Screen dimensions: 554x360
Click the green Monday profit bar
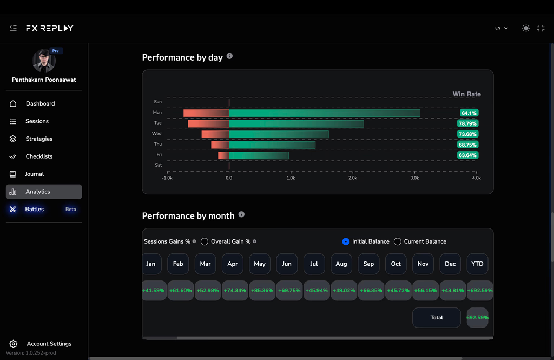point(325,113)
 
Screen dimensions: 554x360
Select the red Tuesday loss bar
point(208,124)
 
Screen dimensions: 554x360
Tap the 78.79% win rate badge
point(467,123)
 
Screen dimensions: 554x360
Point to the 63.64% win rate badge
point(467,155)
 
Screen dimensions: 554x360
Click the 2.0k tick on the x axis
point(353,178)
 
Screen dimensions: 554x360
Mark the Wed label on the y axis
point(156,133)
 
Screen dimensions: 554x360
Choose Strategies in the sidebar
point(39,139)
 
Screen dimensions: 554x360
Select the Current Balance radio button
point(398,241)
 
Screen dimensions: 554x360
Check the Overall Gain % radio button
point(204,241)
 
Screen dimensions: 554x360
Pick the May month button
point(260,264)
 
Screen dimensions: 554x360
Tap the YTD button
point(477,264)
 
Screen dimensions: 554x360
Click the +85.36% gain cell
point(262,290)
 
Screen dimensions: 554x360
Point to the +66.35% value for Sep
point(371,290)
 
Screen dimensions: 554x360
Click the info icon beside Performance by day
point(229,56)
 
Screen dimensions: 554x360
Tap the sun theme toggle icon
point(526,28)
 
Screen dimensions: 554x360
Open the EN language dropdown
point(502,28)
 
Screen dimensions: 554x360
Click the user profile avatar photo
point(44,61)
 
